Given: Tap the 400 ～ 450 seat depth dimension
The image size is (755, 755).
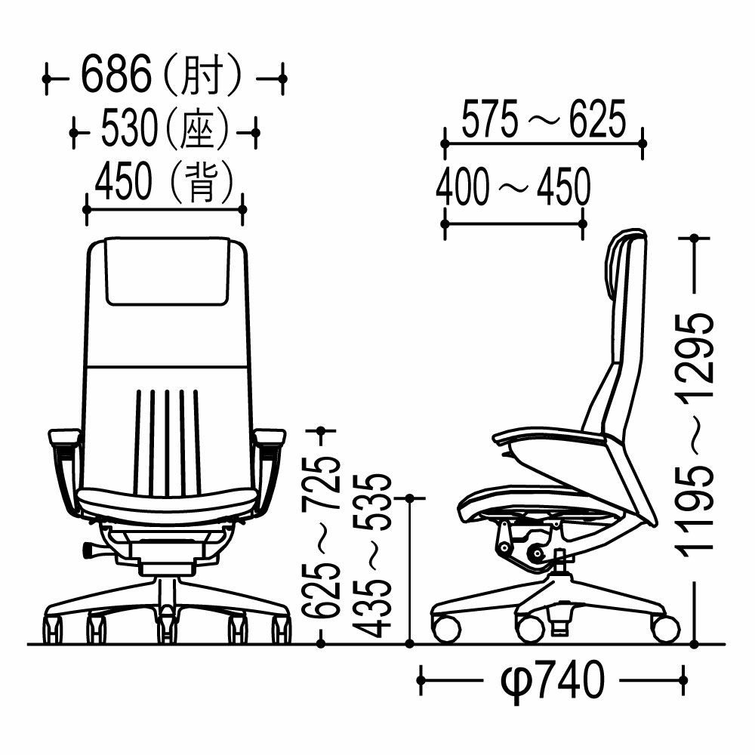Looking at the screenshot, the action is click(x=513, y=186).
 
